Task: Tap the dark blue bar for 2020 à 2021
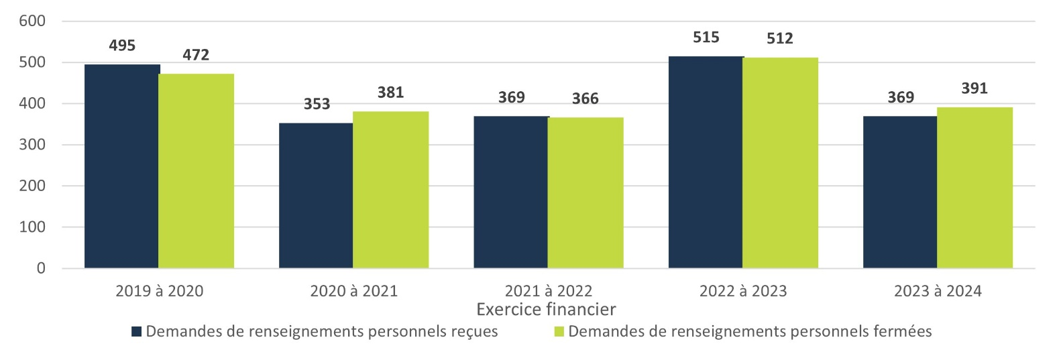[316, 196]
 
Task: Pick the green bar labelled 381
[390, 190]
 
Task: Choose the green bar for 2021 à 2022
[586, 193]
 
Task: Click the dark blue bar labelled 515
[706, 162]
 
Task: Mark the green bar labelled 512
[780, 163]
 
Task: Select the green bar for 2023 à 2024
[975, 188]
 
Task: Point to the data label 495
[122, 46]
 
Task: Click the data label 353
[317, 104]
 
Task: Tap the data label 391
[975, 88]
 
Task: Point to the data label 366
[586, 99]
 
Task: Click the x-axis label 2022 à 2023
[743, 291]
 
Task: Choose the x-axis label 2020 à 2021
[353, 291]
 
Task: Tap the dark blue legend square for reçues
[137, 331]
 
